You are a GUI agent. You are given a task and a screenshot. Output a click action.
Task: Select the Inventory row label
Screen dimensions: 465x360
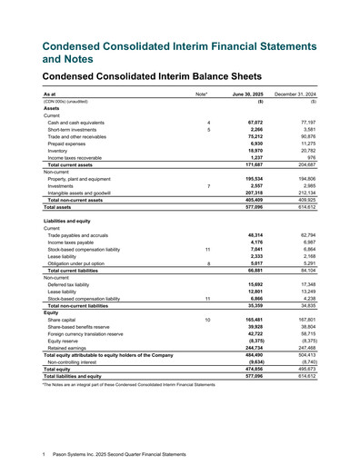tap(60, 149)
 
